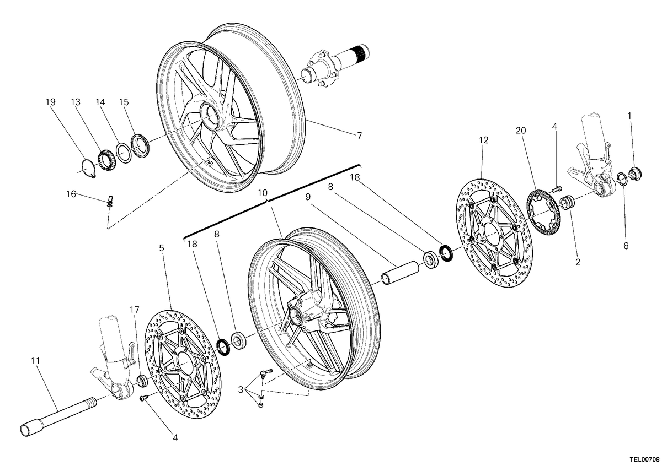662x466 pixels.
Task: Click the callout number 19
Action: [x=51, y=102]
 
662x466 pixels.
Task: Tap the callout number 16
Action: [x=71, y=194]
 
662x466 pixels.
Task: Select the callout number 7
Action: [x=359, y=136]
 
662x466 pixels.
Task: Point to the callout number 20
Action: [x=521, y=131]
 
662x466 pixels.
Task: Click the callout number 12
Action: [x=484, y=140]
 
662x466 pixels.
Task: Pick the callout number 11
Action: [x=35, y=361]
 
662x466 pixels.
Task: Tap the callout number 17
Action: [x=135, y=310]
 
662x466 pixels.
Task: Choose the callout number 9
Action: [x=308, y=197]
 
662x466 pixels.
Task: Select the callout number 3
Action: [x=241, y=390]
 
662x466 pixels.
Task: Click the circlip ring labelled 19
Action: [x=88, y=169]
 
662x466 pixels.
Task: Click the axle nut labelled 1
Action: [x=635, y=174]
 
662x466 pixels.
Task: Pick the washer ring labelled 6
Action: [x=622, y=180]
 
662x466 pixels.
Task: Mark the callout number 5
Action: [x=161, y=248]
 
